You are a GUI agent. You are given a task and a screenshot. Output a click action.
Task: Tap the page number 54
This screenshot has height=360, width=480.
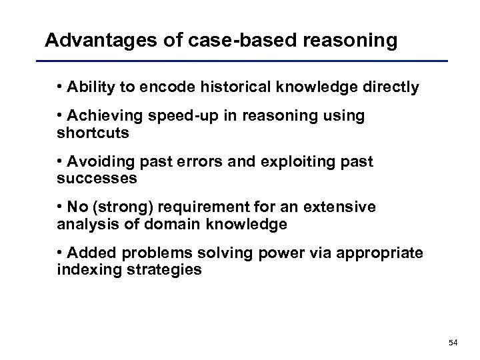pos(453,342)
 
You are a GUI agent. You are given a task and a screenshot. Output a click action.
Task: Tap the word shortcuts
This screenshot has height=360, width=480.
pos(93,133)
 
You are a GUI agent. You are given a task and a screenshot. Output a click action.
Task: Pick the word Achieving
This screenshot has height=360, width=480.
pos(100,116)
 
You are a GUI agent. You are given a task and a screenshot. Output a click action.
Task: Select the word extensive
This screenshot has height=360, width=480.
pos(345,208)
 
